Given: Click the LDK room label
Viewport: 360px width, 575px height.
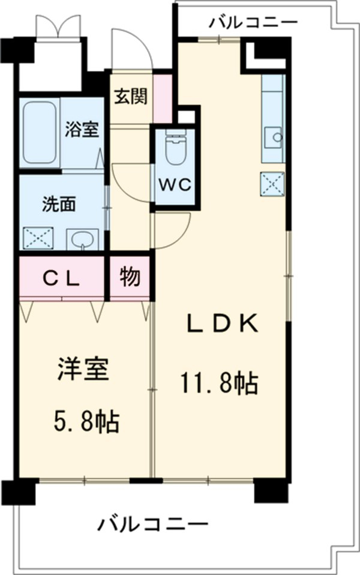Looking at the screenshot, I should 222,324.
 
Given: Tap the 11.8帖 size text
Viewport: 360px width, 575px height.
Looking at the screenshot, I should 219,382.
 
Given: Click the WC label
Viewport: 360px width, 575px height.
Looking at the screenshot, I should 174,185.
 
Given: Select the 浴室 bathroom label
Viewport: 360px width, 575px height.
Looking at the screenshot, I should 82,130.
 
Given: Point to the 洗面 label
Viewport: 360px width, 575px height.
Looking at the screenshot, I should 58,205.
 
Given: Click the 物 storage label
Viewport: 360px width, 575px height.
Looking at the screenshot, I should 130,277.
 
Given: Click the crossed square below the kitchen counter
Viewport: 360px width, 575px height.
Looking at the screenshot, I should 272,184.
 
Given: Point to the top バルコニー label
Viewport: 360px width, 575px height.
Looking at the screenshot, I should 253,23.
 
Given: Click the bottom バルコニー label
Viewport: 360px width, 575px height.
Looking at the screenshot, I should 153,525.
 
